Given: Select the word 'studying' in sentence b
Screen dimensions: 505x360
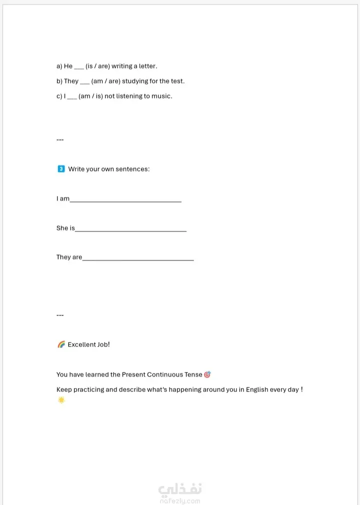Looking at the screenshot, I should pos(135,81).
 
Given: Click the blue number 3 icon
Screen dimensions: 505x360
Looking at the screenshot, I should pos(61,169).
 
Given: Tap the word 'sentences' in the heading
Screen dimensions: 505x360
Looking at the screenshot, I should pos(132,169).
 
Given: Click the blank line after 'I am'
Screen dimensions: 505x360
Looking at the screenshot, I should pos(125,200).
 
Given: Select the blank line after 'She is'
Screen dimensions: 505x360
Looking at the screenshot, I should pos(130,230).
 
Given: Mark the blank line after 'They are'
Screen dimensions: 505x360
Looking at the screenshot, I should pos(138,259).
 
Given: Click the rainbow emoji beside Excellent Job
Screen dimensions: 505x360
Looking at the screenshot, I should pos(61,344).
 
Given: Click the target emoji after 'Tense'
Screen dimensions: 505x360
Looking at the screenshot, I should pos(207,374).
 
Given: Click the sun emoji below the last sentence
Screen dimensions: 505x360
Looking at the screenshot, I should pos(61,400).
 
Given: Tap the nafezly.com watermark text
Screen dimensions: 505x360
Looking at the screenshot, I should pos(180,500).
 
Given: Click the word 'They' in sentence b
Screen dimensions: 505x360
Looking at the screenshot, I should pos(71,81).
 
